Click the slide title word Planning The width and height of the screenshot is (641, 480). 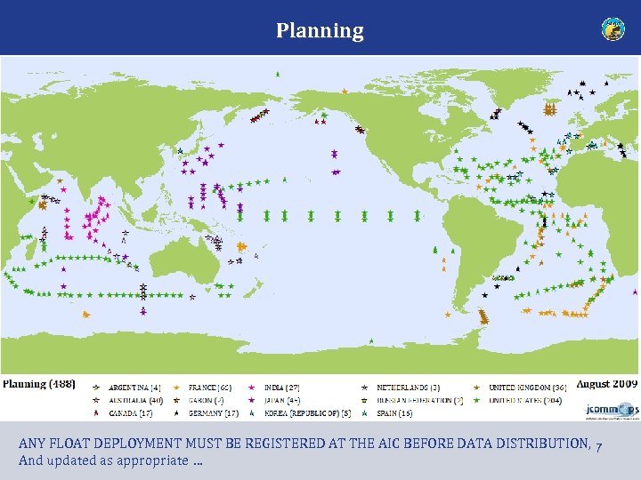[x=320, y=31]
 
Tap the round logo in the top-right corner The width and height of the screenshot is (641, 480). [x=613, y=29]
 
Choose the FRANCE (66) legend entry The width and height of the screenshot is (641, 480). [x=210, y=388]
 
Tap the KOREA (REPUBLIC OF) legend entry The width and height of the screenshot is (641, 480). [x=307, y=412]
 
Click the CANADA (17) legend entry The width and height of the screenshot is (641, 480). [x=130, y=412]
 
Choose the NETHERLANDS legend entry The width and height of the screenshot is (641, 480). [x=408, y=388]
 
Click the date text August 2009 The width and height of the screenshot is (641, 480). [x=606, y=384]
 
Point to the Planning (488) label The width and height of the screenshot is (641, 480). [x=38, y=384]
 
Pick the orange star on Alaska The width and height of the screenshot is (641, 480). [x=344, y=91]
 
